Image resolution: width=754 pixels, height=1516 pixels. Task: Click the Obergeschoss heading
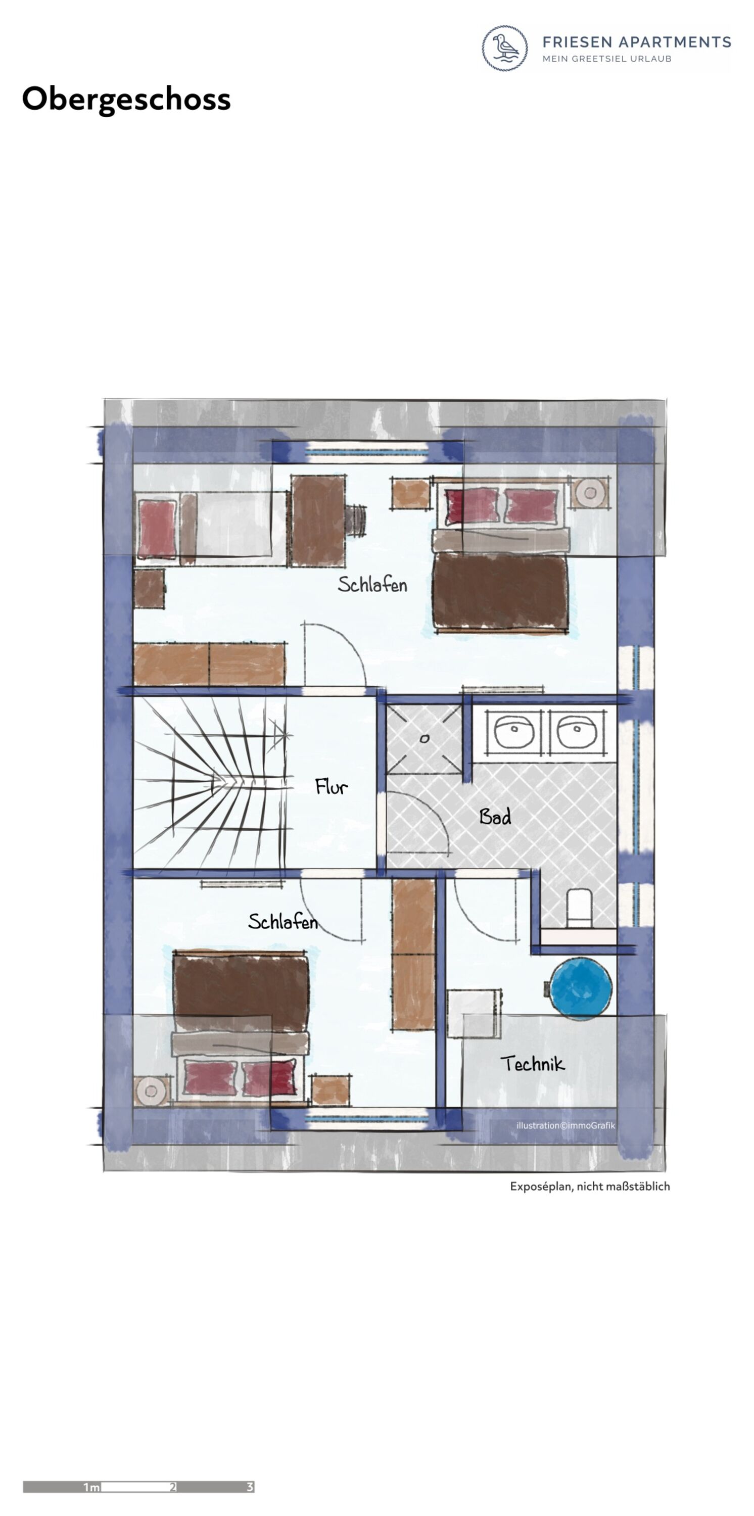126,100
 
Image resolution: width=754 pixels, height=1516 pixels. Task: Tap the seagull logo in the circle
505,48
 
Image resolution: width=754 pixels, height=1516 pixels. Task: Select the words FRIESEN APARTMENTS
636,42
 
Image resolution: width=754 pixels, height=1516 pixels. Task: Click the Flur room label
332,787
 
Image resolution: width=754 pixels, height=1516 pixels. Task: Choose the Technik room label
533,1063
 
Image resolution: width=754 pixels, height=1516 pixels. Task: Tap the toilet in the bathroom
579,908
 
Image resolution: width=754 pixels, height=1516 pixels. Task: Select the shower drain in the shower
425,739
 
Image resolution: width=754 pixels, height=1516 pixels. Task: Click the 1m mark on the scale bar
91,1487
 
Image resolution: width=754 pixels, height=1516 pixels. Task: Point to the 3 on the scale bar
250,1487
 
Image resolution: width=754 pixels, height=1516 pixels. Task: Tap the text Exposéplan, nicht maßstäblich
590,1187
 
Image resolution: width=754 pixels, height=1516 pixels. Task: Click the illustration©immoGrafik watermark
565,1126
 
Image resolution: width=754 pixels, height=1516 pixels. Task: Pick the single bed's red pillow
157,529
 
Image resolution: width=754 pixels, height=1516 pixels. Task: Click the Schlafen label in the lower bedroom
282,922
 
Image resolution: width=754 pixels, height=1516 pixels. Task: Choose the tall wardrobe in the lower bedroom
414,955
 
